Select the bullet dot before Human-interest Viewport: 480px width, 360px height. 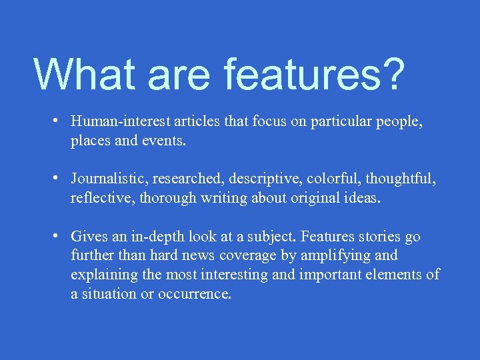pos(59,121)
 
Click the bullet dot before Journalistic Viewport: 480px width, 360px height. pos(59,179)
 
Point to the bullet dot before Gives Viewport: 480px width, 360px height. pos(59,236)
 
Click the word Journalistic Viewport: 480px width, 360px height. pos(110,179)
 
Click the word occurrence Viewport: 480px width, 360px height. pos(195,294)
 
